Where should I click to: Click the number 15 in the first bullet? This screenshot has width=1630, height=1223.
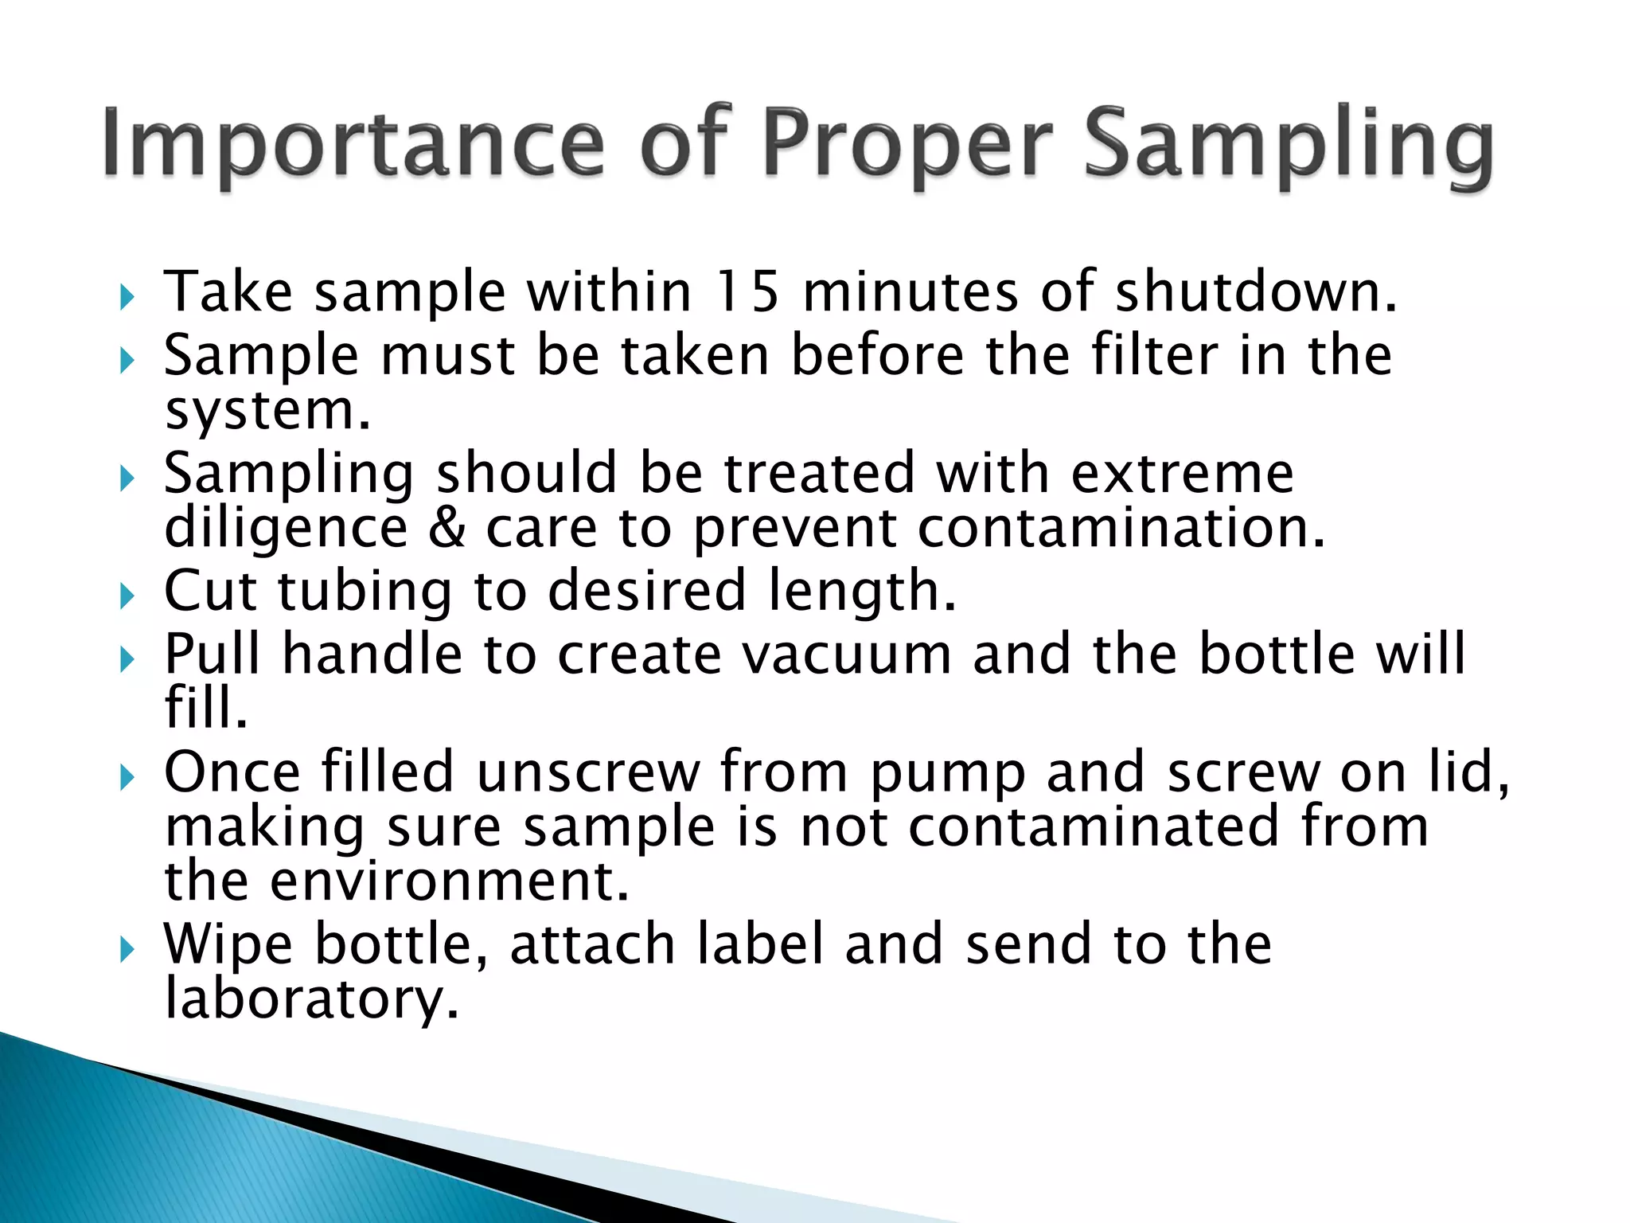[746, 291]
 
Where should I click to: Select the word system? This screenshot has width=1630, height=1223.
[267, 412]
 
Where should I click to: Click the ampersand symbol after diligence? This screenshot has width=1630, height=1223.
[446, 528]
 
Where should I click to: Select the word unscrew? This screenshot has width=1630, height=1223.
[588, 772]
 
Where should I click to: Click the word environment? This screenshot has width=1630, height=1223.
[449, 882]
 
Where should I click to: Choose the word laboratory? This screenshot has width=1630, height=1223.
[311, 1000]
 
